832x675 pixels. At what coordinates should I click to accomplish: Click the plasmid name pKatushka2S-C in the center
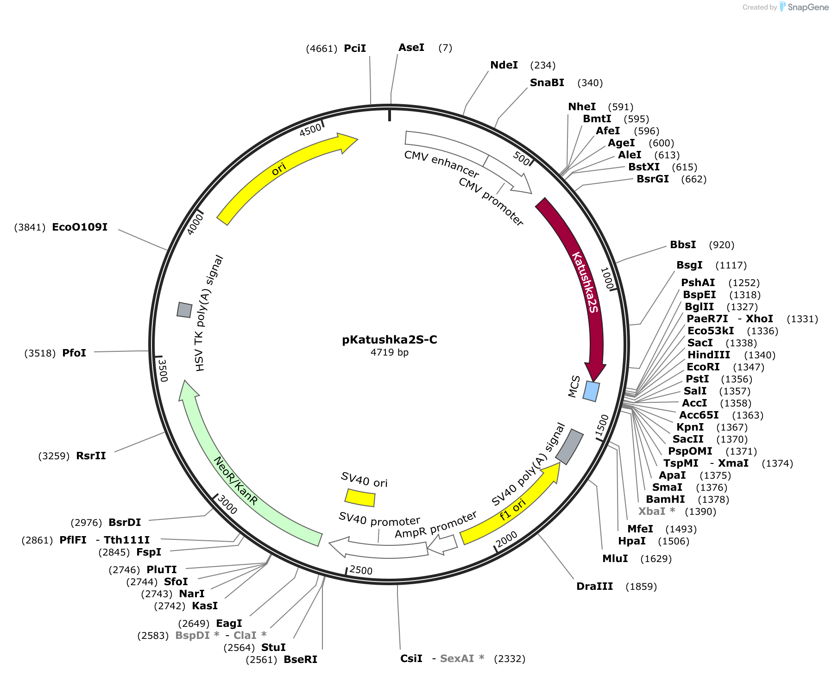pos(390,340)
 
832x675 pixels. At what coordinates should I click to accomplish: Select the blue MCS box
pos(591,391)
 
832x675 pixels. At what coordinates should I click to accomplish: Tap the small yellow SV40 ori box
pos(360,498)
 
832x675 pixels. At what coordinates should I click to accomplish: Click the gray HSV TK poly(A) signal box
pos(184,310)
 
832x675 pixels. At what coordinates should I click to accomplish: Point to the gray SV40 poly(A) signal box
pos(569,446)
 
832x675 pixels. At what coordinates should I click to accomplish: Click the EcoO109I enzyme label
pos(80,227)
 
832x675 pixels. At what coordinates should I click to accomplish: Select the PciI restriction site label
pos(355,48)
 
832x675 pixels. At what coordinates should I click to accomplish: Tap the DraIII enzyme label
pos(595,586)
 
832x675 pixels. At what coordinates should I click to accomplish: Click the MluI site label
pos(615,558)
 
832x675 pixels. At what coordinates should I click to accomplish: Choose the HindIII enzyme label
pos(709,355)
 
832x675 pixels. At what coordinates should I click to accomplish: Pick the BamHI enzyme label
pos(665,499)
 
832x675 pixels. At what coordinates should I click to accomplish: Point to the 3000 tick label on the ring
pos(227,505)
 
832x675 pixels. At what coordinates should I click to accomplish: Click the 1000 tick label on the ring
pos(607,278)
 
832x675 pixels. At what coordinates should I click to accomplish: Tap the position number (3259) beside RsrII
pos(54,456)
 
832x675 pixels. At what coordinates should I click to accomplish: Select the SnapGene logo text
pos(808,7)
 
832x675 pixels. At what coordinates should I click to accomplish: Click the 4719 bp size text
pos(390,352)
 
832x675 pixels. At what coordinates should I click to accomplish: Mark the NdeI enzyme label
pos(504,65)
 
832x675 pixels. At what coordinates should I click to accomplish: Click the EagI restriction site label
pos(229,623)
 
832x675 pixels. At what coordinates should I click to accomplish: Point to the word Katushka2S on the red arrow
pos(586,282)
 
